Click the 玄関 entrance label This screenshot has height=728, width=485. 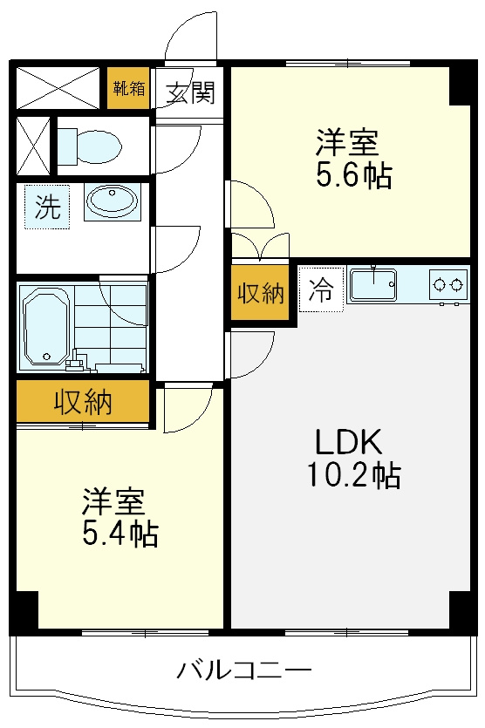[190, 92]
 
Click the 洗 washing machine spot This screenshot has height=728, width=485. [47, 208]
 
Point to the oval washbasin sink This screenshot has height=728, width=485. [111, 201]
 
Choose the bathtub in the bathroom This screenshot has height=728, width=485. [45, 326]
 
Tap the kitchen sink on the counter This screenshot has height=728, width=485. [373, 284]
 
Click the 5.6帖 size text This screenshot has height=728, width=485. [353, 177]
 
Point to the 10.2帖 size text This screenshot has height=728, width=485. [353, 475]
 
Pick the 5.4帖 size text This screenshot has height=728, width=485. [120, 534]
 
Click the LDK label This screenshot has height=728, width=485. [348, 443]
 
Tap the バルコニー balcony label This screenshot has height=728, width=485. [244, 671]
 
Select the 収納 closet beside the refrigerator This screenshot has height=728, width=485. [261, 294]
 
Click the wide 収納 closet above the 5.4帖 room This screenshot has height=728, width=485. [83, 403]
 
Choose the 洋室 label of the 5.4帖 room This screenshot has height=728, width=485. [113, 502]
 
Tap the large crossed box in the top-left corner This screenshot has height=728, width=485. [58, 87]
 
